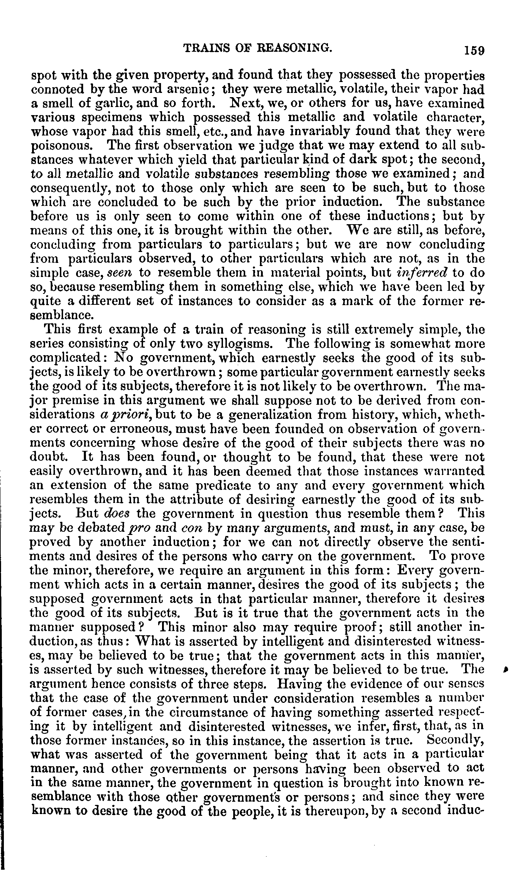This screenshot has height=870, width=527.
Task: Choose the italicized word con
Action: pyautogui.click(x=191, y=528)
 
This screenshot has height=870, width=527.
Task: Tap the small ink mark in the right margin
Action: pyautogui.click(x=508, y=668)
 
